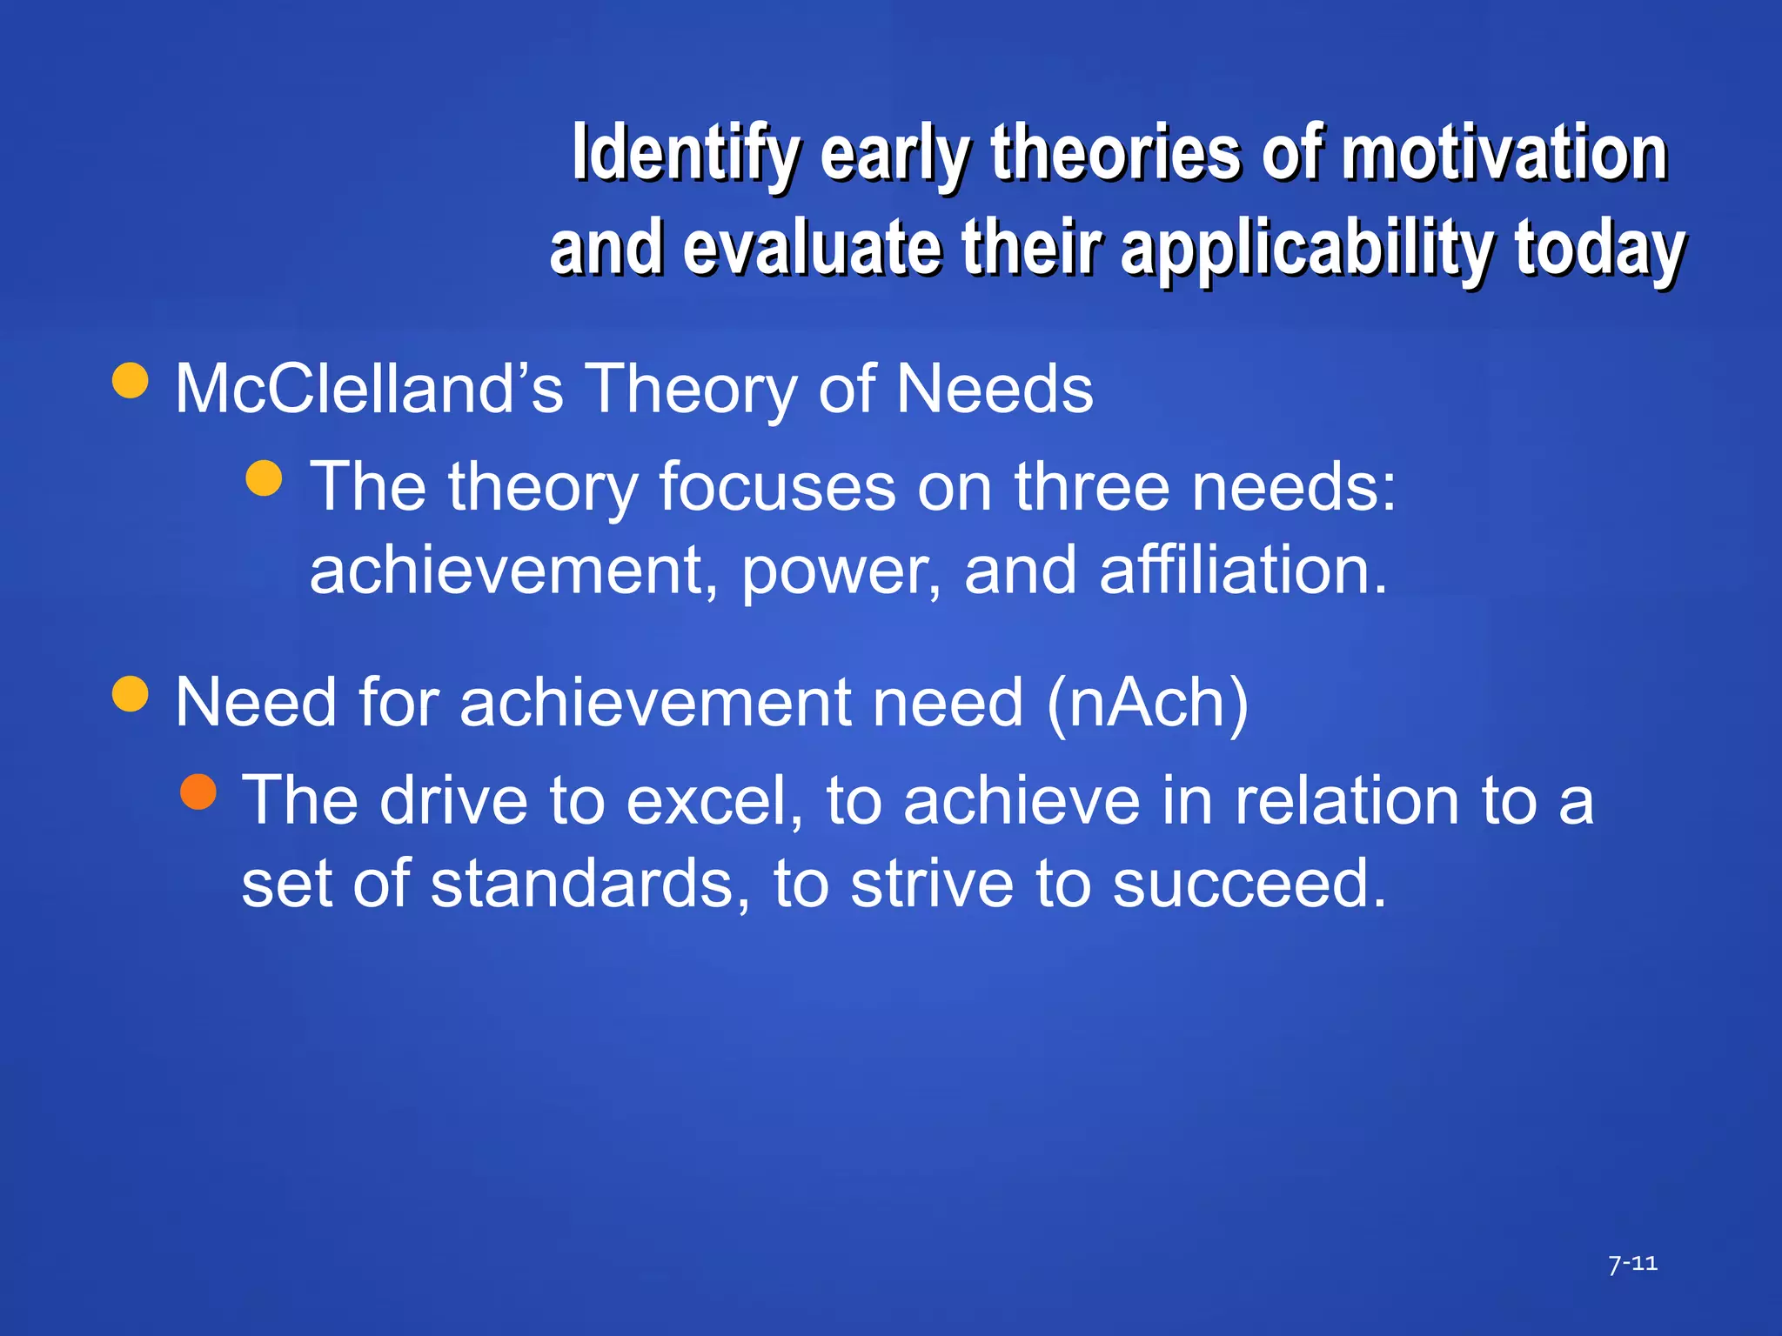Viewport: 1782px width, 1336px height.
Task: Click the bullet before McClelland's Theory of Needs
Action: [131, 380]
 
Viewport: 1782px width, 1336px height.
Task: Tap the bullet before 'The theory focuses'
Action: [265, 478]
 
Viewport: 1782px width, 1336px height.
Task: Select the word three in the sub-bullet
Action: [1091, 486]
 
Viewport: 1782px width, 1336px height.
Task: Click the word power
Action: [841, 571]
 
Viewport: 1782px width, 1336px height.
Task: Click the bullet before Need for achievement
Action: [131, 694]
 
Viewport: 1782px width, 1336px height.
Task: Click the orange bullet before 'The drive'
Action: [198, 792]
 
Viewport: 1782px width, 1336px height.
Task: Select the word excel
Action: [713, 800]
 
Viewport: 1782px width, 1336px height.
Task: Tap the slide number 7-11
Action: [1632, 1263]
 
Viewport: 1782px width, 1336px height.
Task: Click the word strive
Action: [931, 884]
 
